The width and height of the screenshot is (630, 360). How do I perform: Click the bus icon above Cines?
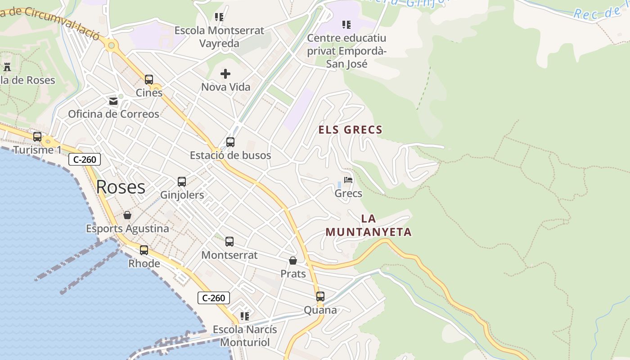(149, 80)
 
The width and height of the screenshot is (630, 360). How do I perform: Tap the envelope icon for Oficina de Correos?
(113, 101)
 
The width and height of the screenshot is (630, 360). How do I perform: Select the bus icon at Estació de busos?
(230, 142)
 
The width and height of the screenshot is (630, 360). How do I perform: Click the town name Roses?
(121, 187)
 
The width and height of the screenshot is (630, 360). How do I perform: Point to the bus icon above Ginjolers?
(182, 182)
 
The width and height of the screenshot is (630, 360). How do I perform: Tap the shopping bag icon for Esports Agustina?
(127, 215)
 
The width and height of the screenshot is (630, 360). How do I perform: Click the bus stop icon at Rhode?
(144, 250)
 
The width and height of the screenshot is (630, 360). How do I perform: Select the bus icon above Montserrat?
(229, 242)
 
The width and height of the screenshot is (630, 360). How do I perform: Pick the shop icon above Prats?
(293, 261)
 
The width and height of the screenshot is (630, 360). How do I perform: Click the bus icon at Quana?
(320, 297)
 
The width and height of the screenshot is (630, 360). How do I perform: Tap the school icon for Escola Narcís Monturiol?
(245, 316)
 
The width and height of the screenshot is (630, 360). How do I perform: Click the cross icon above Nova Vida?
(225, 73)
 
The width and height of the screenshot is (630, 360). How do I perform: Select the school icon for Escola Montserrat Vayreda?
(219, 17)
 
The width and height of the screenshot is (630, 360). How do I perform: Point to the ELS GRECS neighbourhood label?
(351, 130)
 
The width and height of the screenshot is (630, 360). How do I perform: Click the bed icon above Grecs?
(348, 180)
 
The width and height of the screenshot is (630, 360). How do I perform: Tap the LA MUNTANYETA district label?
(369, 225)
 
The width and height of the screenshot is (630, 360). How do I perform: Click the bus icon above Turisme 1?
(37, 136)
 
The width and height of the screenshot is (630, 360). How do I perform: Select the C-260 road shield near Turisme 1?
(85, 159)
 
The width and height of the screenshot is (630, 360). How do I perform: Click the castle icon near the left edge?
(7, 67)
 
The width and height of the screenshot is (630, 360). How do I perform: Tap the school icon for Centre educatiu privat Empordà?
(346, 24)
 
